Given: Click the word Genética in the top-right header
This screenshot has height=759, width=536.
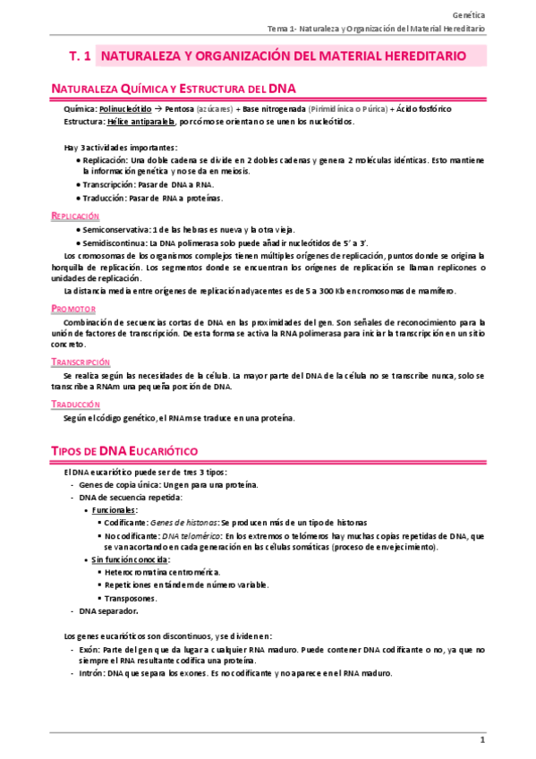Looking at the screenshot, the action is click(x=469, y=15).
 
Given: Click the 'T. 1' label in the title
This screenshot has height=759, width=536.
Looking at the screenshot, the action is click(x=80, y=55).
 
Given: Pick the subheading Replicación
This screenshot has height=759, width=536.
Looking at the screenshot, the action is click(x=75, y=217).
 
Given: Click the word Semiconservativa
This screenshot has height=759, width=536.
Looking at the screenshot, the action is click(x=115, y=230).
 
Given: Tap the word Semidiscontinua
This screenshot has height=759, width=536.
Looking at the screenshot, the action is click(x=115, y=243).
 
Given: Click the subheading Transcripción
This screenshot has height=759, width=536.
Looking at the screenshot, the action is click(x=81, y=362).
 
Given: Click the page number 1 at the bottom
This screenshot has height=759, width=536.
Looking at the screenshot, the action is click(x=481, y=739).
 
